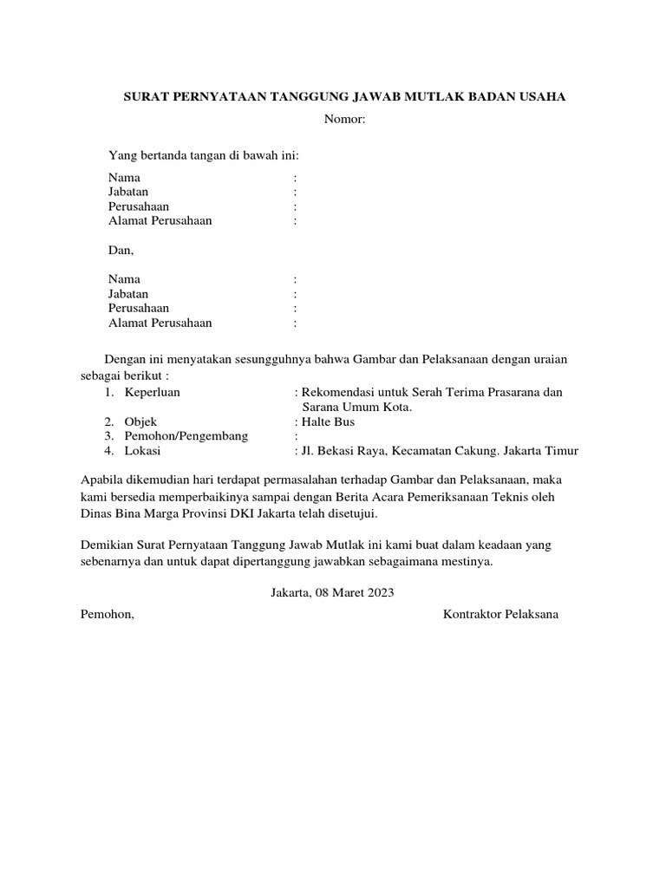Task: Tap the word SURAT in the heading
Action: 143,97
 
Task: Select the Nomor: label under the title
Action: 345,119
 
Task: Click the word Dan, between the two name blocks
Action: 121,250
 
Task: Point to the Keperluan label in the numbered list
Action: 153,392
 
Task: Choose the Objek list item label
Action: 140,421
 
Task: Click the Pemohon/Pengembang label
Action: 186,436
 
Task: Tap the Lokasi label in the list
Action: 142,451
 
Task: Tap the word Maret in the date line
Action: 346,593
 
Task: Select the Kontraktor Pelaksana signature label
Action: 501,615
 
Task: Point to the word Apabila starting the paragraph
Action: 102,479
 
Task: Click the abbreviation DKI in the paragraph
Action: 264,513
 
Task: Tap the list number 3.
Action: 110,436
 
